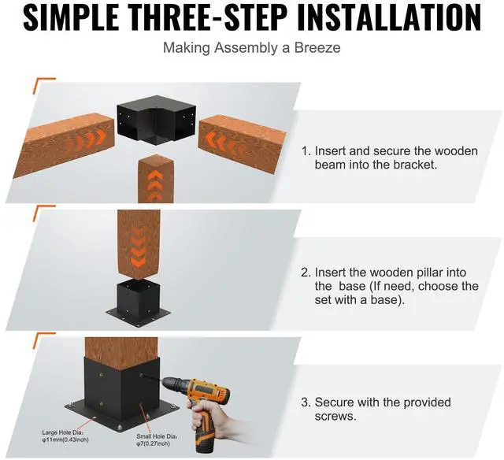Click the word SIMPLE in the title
71,17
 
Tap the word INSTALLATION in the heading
389,17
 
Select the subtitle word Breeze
317,48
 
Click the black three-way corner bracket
156,120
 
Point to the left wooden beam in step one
65,145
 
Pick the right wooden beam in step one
242,144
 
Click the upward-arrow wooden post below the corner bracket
156,179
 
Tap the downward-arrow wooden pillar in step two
139,244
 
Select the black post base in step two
139,300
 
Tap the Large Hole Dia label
65,436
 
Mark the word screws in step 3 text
335,416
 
